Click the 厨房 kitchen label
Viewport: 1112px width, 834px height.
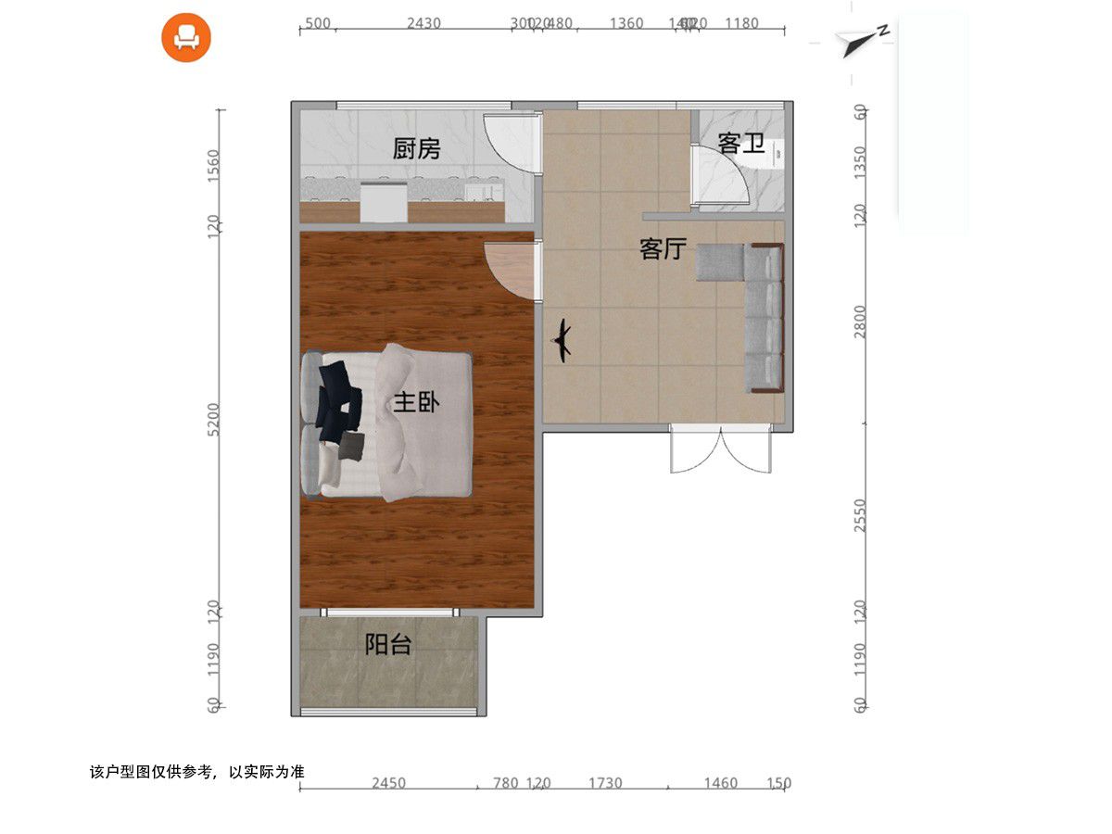(x=416, y=148)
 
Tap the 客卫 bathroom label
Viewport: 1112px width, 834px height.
(x=740, y=144)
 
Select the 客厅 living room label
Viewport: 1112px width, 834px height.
(x=663, y=248)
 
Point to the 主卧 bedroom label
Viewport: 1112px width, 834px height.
(x=416, y=402)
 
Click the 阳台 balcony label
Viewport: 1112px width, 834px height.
(x=387, y=645)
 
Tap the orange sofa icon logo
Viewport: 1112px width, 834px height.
(x=186, y=37)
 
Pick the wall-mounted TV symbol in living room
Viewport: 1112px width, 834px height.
(x=562, y=341)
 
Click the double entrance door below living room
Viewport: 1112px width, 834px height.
(x=721, y=449)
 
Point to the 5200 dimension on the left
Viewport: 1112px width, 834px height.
(x=214, y=420)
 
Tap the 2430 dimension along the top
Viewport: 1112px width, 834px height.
(x=423, y=23)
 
